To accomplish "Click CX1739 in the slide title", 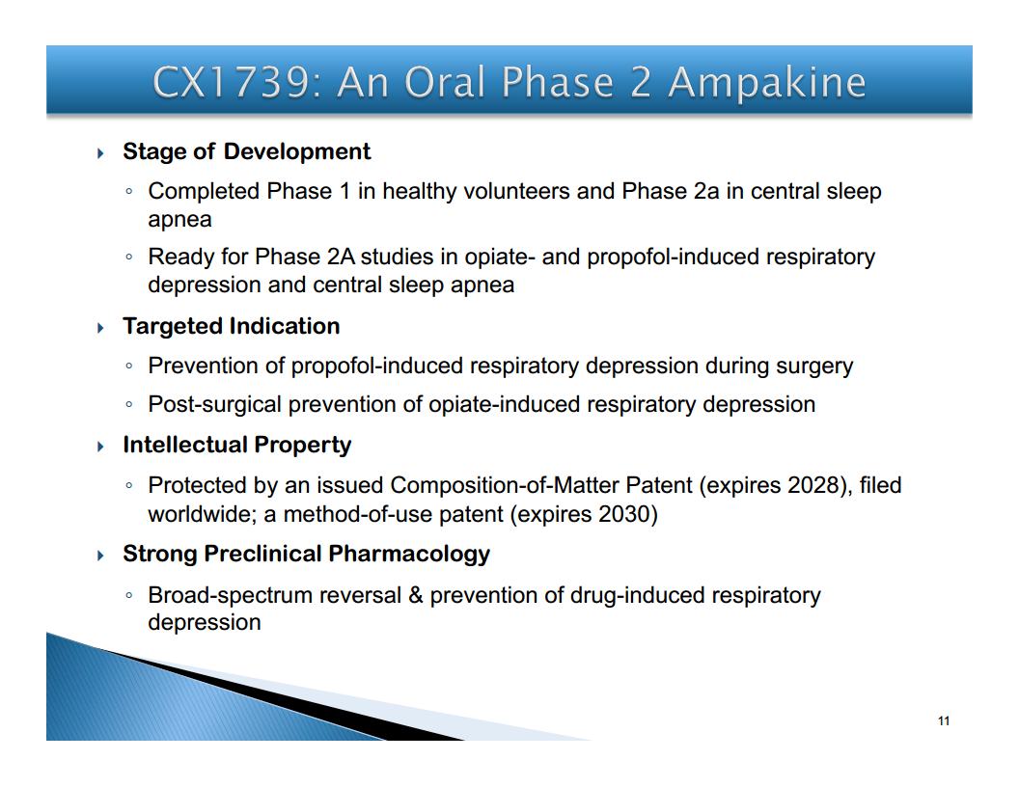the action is (x=231, y=83).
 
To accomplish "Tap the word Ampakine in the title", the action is (x=767, y=83).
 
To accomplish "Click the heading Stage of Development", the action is (x=246, y=151).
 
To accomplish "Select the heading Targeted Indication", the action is (x=232, y=326).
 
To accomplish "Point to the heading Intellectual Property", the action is (x=237, y=445).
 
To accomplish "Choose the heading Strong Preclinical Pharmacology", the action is (x=306, y=554).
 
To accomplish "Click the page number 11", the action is (x=944, y=720).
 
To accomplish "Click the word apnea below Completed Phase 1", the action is (x=180, y=220).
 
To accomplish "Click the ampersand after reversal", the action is (x=416, y=595).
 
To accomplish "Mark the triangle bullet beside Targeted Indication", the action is (x=100, y=328).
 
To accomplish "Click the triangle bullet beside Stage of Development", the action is (x=100, y=153).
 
